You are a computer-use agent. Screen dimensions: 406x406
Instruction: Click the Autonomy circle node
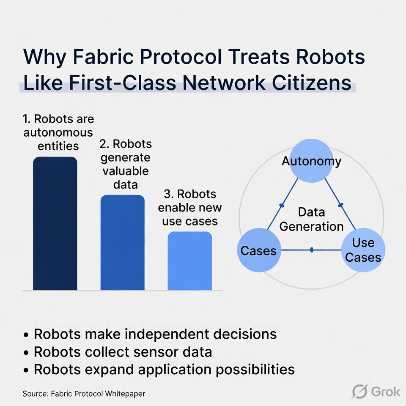point(312,161)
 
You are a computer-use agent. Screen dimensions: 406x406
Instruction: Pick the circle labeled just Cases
point(258,250)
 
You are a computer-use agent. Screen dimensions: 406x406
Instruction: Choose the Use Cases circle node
point(363,250)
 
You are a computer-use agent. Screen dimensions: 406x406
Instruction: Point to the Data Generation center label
point(312,219)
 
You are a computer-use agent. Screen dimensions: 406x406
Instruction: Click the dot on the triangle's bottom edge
point(312,250)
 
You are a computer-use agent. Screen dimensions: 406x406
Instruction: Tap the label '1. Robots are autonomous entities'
point(58,132)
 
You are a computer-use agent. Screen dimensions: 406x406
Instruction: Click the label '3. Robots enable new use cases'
point(190,207)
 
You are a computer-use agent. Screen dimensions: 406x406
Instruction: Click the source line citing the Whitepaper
point(84,393)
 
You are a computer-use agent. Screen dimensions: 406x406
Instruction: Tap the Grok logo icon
point(359,391)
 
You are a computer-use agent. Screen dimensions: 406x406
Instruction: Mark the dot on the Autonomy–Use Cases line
point(341,205)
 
